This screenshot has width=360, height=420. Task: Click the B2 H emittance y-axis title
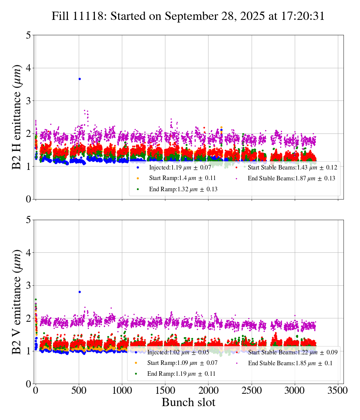pyautogui.click(x=17, y=117)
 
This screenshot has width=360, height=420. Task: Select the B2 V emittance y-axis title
pyautogui.click(x=17, y=301)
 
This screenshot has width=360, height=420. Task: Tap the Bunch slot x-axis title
pyautogui.click(x=189, y=402)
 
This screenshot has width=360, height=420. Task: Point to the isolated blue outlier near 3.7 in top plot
pyautogui.click(x=79, y=79)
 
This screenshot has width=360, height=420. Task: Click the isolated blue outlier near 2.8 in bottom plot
pyautogui.click(x=79, y=292)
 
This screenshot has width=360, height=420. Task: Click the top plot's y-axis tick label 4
pyautogui.click(x=28, y=68)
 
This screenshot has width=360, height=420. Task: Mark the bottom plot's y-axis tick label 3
pyautogui.click(x=28, y=285)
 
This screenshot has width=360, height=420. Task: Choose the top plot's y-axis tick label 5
pyautogui.click(x=28, y=35)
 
